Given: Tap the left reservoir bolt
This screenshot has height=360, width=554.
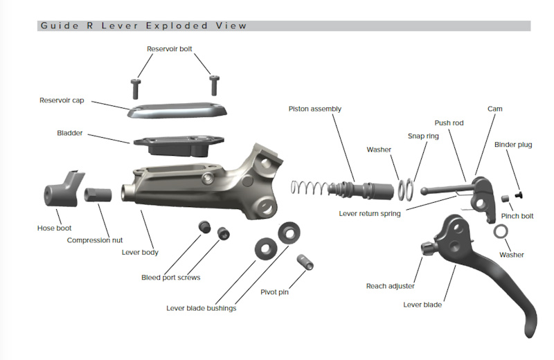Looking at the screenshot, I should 136,87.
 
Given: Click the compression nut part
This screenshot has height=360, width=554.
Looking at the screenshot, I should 98,195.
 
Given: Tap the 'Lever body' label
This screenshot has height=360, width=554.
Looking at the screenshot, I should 140,252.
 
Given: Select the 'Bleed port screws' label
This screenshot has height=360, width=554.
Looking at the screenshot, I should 170,277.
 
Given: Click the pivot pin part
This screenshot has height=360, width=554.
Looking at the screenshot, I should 304,262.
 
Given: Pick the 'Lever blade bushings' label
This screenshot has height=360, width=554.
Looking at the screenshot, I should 201,307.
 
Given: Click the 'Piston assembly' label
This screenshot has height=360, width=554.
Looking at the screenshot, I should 315,109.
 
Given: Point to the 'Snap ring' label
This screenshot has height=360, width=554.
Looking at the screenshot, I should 423,136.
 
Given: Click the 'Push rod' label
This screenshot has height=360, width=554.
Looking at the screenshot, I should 448,123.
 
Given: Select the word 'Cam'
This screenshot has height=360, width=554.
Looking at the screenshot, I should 495,109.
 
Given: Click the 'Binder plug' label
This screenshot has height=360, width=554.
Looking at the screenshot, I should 513,145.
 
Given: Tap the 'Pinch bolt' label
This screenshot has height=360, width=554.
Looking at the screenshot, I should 517,216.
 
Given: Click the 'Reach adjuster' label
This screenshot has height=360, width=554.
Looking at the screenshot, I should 391,285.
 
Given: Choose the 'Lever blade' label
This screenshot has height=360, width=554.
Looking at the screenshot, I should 422,304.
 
